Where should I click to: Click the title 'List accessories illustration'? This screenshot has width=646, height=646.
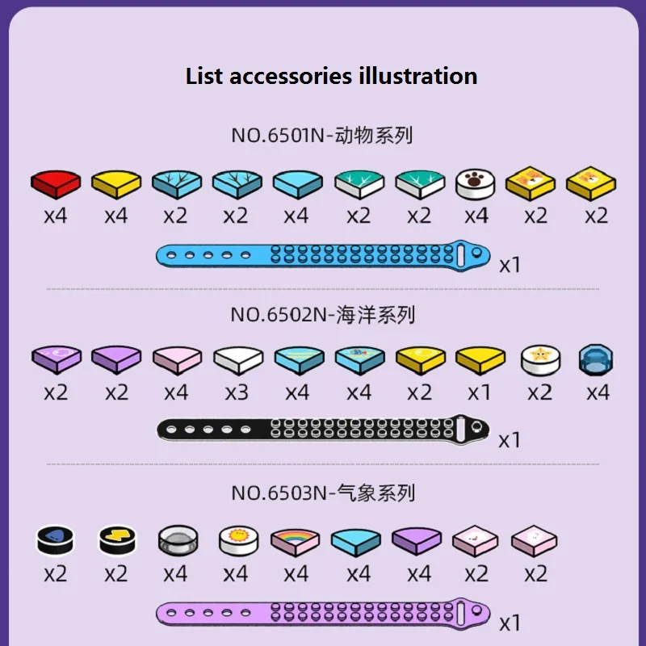click(331, 77)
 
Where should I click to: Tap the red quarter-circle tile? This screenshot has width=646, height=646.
click(56, 183)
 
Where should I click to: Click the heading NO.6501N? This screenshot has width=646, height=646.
click(322, 135)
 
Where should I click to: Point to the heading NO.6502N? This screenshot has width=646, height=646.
click(322, 314)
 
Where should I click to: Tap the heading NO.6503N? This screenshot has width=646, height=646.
click(322, 492)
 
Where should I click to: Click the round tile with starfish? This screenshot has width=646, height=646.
click(539, 360)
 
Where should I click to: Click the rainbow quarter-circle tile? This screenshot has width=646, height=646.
click(296, 541)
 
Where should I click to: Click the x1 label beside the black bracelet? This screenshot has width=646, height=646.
click(510, 440)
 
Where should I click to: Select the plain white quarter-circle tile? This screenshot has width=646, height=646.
click(237, 360)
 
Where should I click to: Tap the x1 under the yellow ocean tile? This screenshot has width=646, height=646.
click(480, 393)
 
